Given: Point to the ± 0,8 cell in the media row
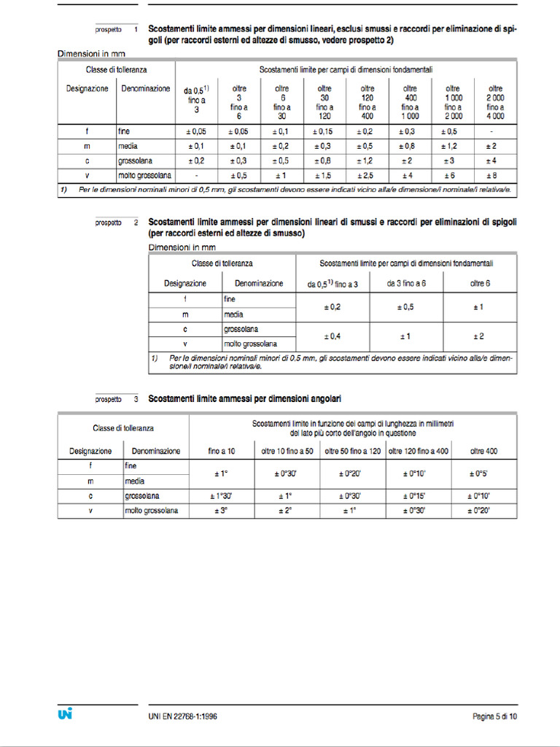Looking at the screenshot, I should [409, 146].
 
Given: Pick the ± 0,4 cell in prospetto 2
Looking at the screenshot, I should [332, 336].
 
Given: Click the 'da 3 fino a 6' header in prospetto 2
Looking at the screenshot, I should [405, 283].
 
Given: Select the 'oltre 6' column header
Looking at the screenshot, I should [480, 283].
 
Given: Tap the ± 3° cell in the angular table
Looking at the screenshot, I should [222, 511].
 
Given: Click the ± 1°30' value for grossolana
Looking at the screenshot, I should [222, 496].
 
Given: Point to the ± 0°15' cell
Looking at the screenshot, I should [418, 496].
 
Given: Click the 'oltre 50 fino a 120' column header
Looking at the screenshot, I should [353, 451].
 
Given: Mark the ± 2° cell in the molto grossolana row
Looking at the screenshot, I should [287, 511].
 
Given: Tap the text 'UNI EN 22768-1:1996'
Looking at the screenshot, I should [177, 716].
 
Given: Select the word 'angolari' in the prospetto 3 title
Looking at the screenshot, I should [323, 399].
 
